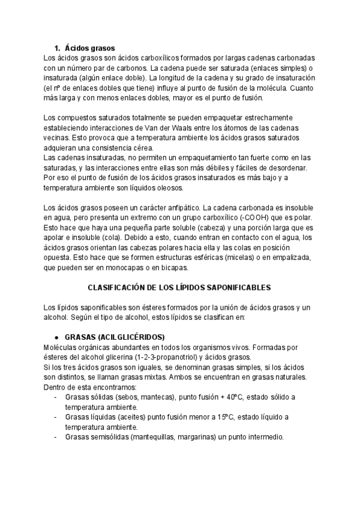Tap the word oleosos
168,188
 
